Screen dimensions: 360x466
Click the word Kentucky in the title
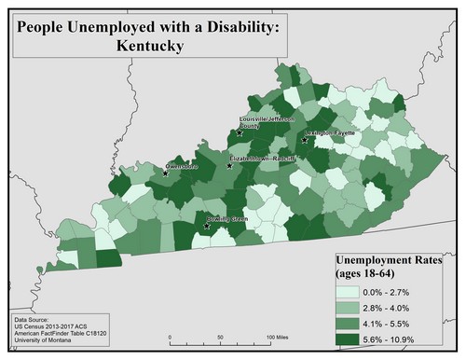pyautogui.click(x=149, y=44)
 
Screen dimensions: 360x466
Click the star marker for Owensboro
pyautogui.click(x=165, y=173)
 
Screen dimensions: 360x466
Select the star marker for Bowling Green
pyautogui.click(x=207, y=225)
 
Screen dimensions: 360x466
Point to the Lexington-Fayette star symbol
pyautogui.click(x=304, y=141)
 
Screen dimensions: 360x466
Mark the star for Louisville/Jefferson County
pyautogui.click(x=240, y=132)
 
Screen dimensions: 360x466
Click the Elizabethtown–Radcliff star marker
pyautogui.click(x=230, y=167)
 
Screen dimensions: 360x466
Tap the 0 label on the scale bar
pyautogui.click(x=169, y=337)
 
